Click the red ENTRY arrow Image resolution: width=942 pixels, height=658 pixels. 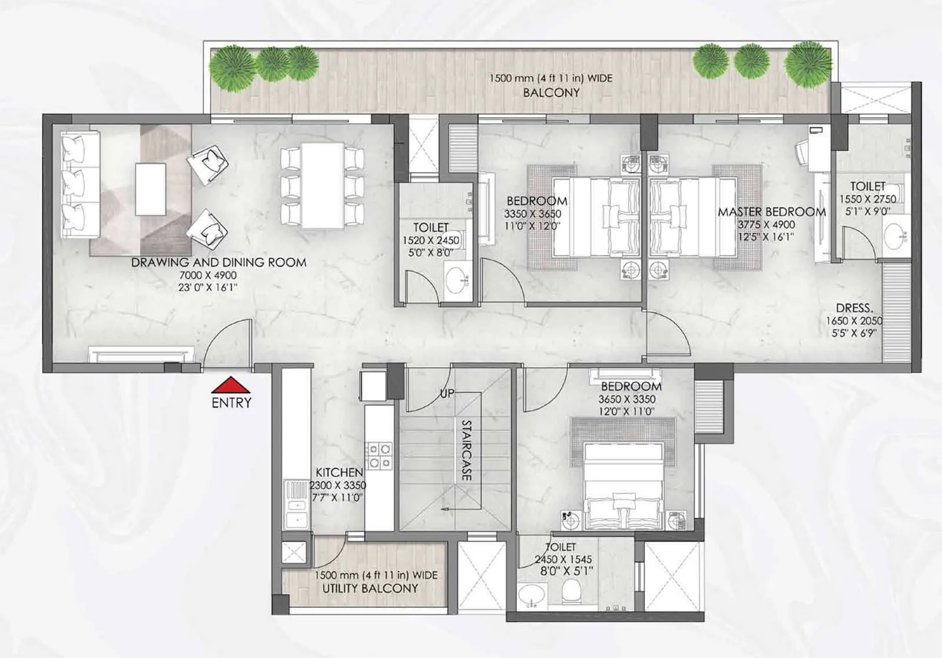(x=231, y=385)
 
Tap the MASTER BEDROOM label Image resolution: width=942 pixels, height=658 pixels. (x=771, y=212)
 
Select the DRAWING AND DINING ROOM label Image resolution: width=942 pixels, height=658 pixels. (x=218, y=262)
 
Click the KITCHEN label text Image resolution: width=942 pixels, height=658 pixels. (x=339, y=473)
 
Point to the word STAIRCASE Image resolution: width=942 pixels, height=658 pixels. (x=466, y=450)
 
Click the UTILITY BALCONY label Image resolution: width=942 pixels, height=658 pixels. (x=370, y=588)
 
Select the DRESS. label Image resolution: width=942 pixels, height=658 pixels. (x=854, y=308)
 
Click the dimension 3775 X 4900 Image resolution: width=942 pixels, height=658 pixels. (x=766, y=225)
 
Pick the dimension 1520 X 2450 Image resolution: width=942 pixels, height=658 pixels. (x=430, y=241)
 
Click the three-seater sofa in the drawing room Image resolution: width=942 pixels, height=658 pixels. (x=80, y=184)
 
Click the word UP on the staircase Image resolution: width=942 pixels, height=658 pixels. (x=447, y=393)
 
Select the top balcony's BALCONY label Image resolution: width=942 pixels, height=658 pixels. (x=551, y=92)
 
